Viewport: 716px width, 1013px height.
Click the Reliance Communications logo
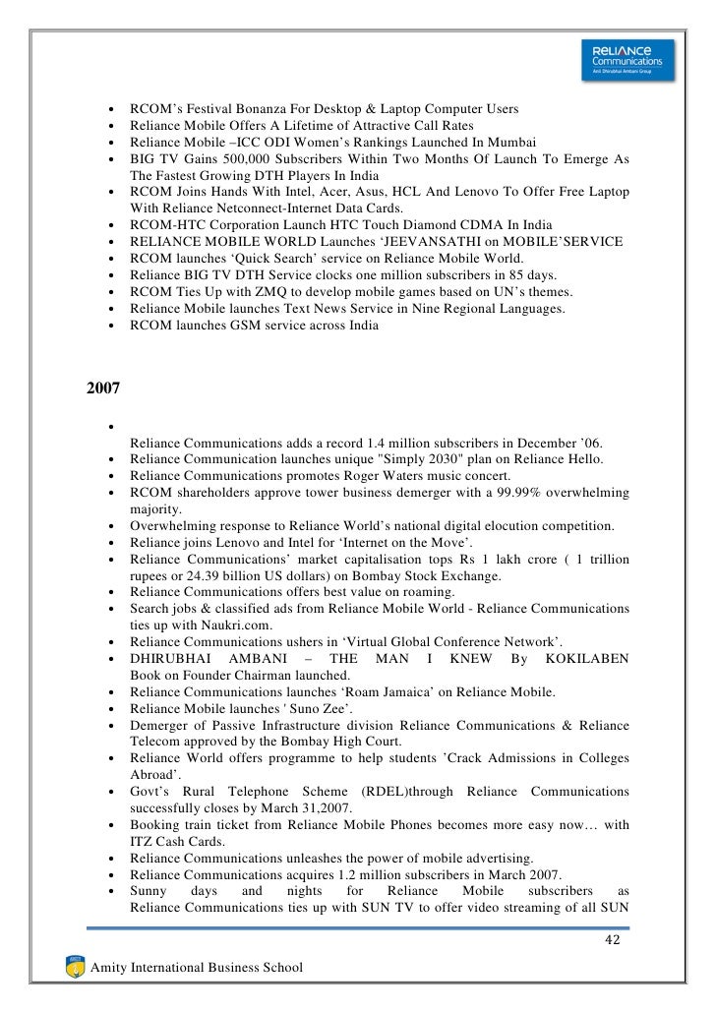click(x=627, y=57)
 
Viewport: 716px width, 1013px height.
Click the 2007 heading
click(x=104, y=387)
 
